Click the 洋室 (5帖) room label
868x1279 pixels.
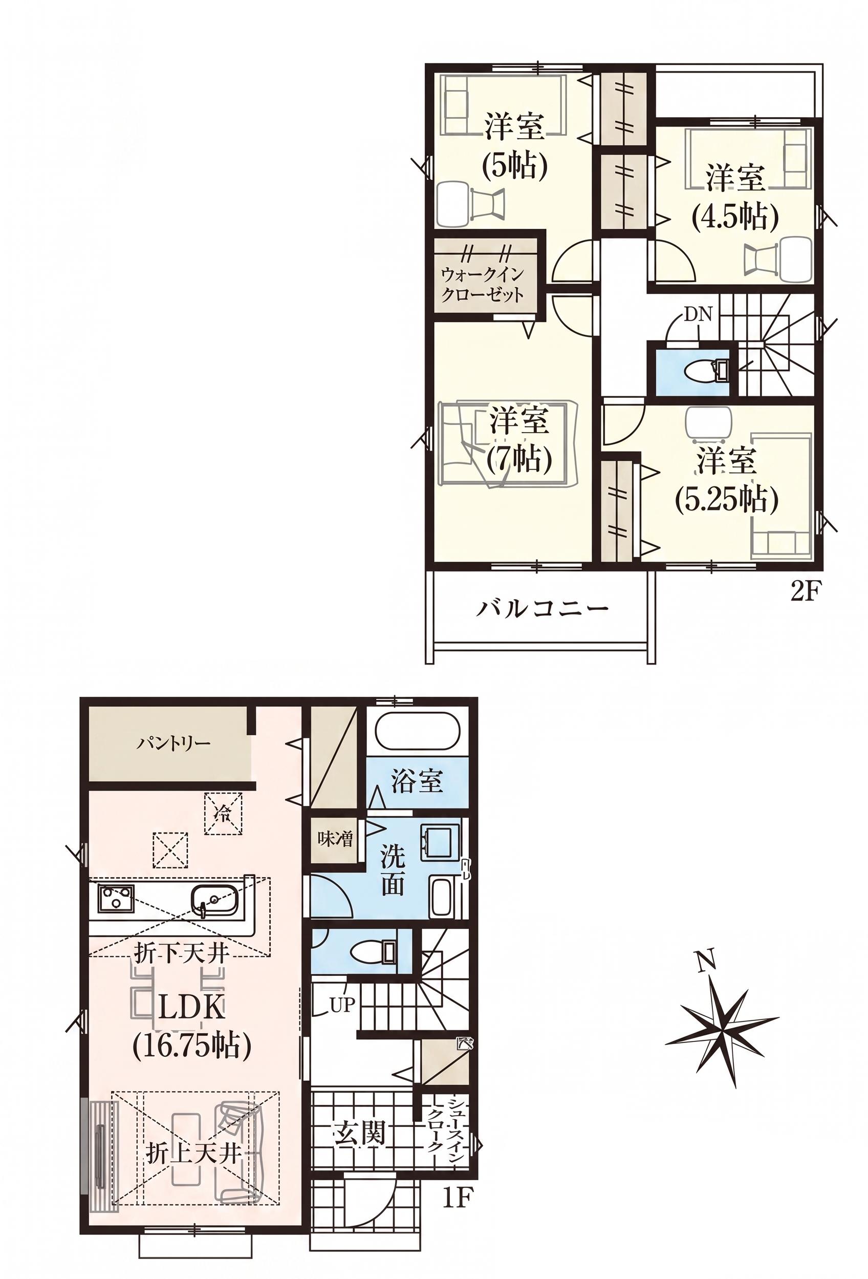click(514, 146)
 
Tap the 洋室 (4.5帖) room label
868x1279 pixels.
click(735, 198)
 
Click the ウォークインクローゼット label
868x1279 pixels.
click(483, 284)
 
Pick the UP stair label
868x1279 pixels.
click(343, 1005)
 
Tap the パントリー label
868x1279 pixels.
click(174, 744)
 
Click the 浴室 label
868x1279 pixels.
click(417, 781)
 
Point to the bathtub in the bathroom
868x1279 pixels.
click(417, 732)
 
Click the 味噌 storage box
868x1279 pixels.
click(336, 840)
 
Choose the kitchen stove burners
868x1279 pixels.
click(117, 898)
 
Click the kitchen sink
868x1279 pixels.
click(215, 899)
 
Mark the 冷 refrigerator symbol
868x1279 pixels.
click(223, 813)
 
